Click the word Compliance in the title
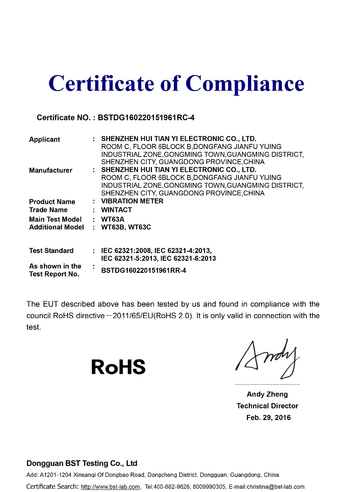pyautogui.click(x=245, y=84)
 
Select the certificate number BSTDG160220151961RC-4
pyautogui.click(x=146, y=118)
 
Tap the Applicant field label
pyautogui.click(x=45, y=140)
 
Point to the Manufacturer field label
pyautogui.click(x=51, y=171)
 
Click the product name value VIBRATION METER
pyautogui.click(x=132, y=201)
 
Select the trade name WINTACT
pyautogui.click(x=117, y=210)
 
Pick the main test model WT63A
pyautogui.click(x=113, y=219)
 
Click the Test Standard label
pyautogui.click(x=51, y=251)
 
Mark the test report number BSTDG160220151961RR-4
pyautogui.click(x=144, y=271)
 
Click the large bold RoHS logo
pyautogui.click(x=118, y=367)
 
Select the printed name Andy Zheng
pyautogui.click(x=267, y=394)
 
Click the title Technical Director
pyautogui.click(x=267, y=406)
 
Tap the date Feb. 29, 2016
pyautogui.click(x=269, y=418)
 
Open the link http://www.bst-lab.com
pyautogui.click(x=110, y=487)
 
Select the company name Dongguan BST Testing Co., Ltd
pyautogui.click(x=82, y=464)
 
